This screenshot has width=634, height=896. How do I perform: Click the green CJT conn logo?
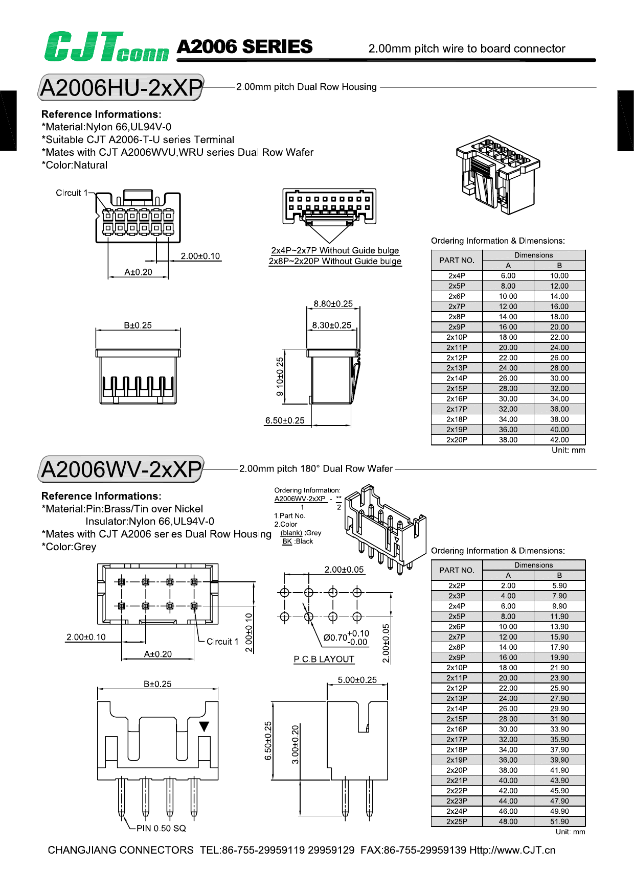106,47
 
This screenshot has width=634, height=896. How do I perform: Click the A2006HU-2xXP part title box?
121,88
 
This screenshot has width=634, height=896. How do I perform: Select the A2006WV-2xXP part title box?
121,469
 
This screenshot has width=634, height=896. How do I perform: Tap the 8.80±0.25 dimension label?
333,304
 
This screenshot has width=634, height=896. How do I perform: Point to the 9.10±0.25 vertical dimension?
280,376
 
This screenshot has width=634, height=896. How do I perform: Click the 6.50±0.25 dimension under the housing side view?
285,421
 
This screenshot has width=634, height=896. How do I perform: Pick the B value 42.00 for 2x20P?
559,440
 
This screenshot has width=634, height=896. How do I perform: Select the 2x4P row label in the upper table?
457,276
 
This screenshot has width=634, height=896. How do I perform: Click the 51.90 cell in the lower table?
559,821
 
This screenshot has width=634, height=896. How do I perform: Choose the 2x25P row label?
457,821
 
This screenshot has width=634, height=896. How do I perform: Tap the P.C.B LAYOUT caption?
324,659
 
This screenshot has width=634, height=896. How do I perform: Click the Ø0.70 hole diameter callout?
346,638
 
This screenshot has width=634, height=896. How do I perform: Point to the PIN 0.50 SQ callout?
161,828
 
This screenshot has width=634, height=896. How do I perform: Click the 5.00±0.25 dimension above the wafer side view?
357,680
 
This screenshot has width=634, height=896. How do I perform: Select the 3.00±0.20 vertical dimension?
295,744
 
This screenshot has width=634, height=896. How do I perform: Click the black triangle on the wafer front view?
204,726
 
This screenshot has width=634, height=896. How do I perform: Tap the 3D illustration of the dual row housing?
496,174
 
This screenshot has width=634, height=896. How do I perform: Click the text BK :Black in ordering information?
298,541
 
